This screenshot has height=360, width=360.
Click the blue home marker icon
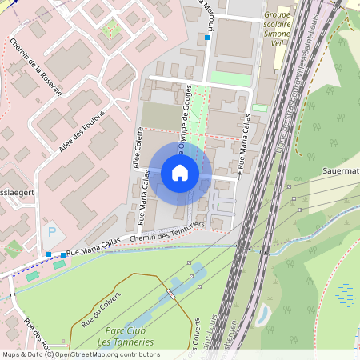(x=180, y=173)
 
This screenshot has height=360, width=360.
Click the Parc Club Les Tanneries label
(x=129, y=336)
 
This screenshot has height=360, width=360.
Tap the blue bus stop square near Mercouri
(x=207, y=38)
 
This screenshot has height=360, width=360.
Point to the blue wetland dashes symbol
(x=346, y=294)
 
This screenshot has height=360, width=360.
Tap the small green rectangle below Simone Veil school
(x=260, y=107)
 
